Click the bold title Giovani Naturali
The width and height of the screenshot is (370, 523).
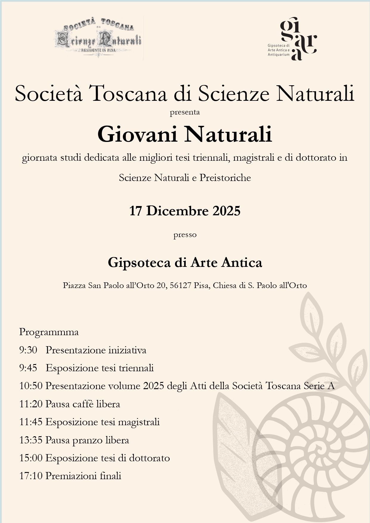click(x=185, y=134)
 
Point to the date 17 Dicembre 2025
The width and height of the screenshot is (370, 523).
click(x=185, y=211)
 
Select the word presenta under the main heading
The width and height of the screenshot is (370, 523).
click(x=185, y=112)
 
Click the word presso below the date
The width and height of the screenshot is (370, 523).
click(x=185, y=235)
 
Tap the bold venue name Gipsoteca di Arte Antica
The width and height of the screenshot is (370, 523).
click(x=185, y=263)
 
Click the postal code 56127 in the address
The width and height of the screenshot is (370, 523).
click(x=180, y=285)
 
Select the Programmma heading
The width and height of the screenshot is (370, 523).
click(x=49, y=332)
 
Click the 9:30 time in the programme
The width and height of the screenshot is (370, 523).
click(x=28, y=350)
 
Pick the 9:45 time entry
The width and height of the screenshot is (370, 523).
click(x=28, y=368)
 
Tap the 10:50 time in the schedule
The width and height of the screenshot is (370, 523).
click(x=31, y=386)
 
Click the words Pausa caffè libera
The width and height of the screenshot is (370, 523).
click(x=83, y=404)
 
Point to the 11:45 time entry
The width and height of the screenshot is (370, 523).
click(x=31, y=422)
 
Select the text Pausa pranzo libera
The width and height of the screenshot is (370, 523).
click(x=87, y=440)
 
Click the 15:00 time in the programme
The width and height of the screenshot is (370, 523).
click(x=31, y=458)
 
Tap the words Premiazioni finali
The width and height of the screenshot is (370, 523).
click(x=83, y=476)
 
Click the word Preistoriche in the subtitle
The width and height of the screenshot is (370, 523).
click(x=225, y=178)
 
